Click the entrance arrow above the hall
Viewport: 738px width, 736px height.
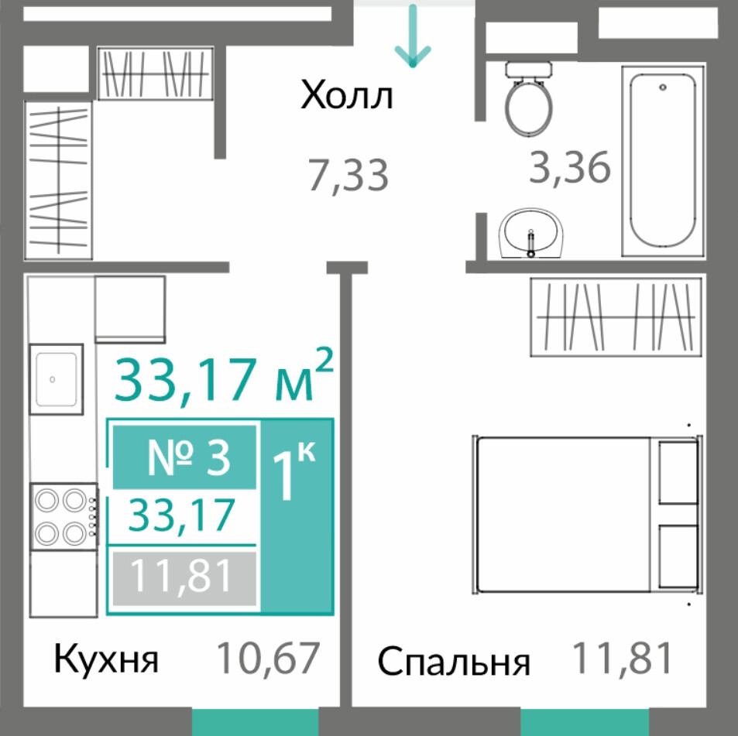tap(413, 36)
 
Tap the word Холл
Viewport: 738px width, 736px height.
tap(346, 95)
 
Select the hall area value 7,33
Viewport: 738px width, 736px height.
tap(348, 176)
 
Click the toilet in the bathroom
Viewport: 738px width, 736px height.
tap(528, 99)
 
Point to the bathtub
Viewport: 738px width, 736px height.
tap(663, 160)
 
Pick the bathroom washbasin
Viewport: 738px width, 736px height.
tap(531, 233)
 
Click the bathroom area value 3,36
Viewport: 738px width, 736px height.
tap(570, 167)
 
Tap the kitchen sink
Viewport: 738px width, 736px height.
tap(57, 379)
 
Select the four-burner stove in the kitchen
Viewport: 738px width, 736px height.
tap(64, 516)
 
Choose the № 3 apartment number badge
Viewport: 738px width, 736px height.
tap(184, 457)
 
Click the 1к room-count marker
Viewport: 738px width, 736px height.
tap(294, 471)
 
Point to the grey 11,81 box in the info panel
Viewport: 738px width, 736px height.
tap(184, 578)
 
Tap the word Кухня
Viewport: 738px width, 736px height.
tap(106, 659)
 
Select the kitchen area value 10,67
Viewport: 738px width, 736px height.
tap(268, 658)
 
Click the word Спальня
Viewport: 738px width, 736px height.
tap(454, 661)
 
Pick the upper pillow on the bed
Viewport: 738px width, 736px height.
tap(678, 473)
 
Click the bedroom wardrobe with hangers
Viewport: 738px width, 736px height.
tap(616, 317)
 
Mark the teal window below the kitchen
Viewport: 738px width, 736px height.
tap(255, 722)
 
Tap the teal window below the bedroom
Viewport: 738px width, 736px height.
tap(585, 722)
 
